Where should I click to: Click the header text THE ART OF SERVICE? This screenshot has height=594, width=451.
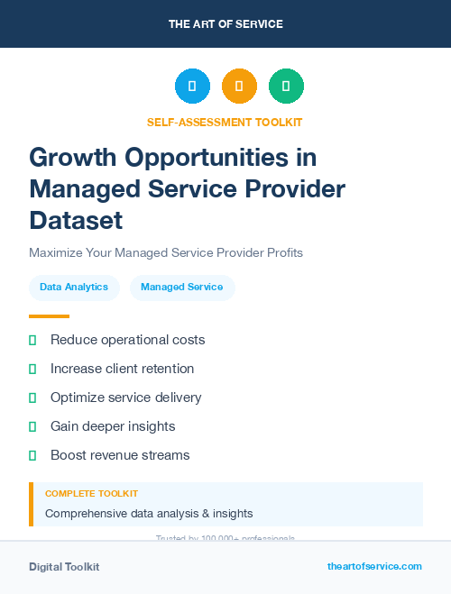coord(225,24)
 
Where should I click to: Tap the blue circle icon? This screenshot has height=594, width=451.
coord(192,87)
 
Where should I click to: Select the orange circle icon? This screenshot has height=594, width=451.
coord(239,87)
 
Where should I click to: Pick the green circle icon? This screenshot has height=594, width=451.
coord(286,87)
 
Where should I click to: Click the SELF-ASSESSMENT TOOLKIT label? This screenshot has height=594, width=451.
coord(225,122)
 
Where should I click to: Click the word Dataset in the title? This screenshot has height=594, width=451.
coord(76,220)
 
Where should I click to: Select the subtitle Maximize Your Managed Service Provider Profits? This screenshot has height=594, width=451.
coord(166,252)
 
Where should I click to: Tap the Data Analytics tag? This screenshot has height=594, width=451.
coord(74,288)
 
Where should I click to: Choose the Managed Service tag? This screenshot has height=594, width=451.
coord(182,288)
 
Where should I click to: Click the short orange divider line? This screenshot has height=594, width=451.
coord(49,316)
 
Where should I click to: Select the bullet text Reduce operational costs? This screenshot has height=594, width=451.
coord(128,340)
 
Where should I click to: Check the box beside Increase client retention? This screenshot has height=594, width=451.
coord(32,369)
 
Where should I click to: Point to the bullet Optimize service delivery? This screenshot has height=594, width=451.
coord(126,398)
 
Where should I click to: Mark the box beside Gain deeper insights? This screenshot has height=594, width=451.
coord(32,426)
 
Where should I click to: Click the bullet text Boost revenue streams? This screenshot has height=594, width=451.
coord(120,455)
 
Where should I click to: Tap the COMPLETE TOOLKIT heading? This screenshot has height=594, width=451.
coord(92,494)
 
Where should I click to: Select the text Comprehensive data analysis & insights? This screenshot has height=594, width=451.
coord(149,514)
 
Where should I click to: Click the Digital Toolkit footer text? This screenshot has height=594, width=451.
coord(64,567)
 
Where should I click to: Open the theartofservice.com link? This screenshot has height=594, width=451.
coord(374,566)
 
